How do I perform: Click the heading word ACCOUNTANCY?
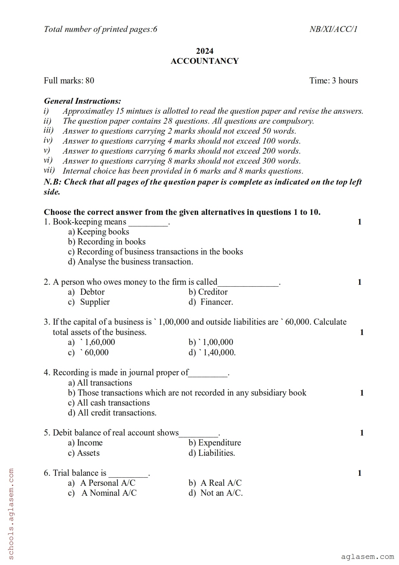pos(204,61)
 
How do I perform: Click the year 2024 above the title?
pos(204,51)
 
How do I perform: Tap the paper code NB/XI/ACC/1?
pos(333,29)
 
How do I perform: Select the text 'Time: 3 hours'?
pos(334,81)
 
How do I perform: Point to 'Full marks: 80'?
pos(69,81)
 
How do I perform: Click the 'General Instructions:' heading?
pos(82,101)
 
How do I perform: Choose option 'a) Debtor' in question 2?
pos(86,292)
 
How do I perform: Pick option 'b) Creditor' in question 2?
pos(208,292)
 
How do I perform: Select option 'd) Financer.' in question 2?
pos(211,302)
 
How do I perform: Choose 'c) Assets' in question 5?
pos(84,453)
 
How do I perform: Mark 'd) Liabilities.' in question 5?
pos(212,453)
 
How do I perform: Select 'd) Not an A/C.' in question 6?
pos(215,493)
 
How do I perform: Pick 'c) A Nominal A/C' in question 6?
pos(102,493)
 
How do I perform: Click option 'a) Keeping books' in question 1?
pos(99,232)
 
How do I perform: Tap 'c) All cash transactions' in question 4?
pos(109,403)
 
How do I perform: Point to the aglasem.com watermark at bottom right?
pos(367,557)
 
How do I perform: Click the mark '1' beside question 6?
pos(359,473)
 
